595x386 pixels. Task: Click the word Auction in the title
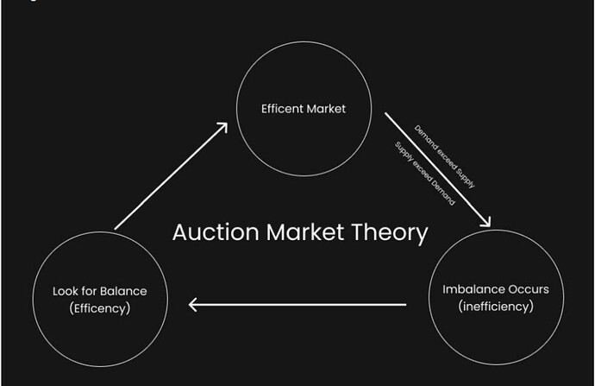click(x=216, y=232)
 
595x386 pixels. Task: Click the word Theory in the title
click(x=390, y=234)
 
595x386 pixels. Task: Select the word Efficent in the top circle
click(x=282, y=109)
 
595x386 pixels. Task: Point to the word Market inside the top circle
click(x=326, y=109)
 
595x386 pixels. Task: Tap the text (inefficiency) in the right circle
click(x=496, y=307)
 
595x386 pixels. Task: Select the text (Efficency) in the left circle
click(x=100, y=308)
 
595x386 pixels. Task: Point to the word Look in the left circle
click(x=65, y=291)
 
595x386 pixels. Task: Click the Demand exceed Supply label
click(x=444, y=156)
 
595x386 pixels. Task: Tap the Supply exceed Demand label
click(x=425, y=174)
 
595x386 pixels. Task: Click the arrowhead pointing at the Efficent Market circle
click(x=222, y=128)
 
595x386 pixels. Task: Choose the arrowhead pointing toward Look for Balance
click(x=193, y=305)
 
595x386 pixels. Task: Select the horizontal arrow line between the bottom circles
click(x=297, y=305)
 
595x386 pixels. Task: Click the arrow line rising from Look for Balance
click(x=171, y=176)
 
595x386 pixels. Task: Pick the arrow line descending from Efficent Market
click(x=438, y=170)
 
